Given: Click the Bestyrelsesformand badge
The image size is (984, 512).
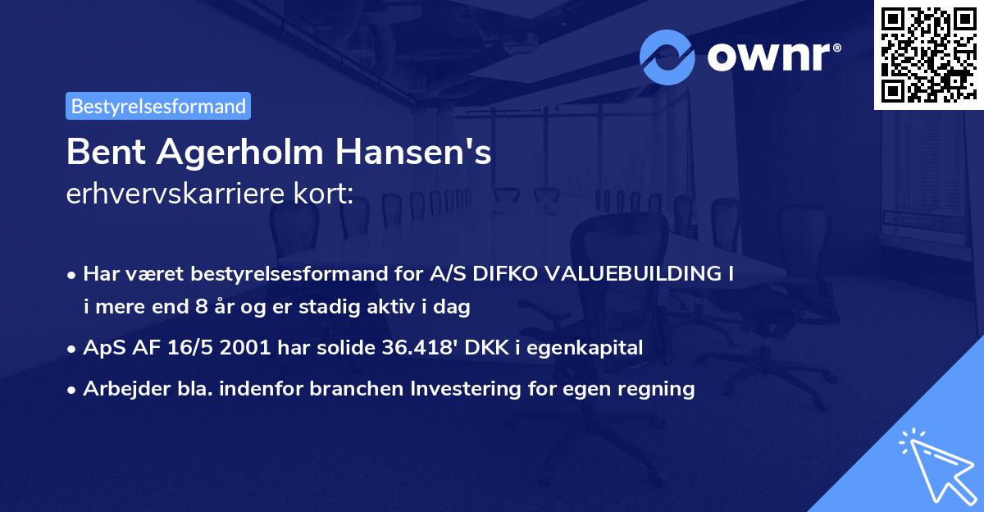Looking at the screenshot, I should pos(158,106).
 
